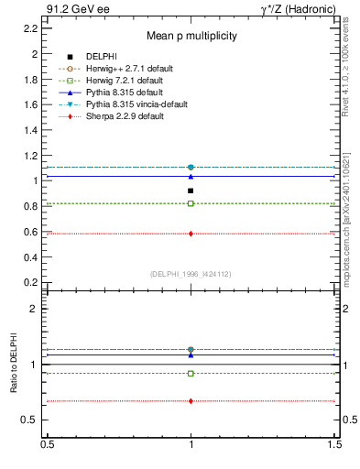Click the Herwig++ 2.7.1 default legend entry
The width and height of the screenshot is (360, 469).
pos(124,69)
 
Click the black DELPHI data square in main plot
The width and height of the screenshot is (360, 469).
pos(191,191)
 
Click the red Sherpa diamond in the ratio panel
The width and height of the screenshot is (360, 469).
pos(191,401)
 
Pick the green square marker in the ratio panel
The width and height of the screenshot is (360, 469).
pos(191,374)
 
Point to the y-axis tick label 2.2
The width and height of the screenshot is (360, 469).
pos(29,28)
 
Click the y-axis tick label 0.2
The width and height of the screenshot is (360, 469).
pos(29,282)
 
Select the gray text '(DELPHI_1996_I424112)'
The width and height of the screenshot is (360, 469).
pos(191,274)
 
